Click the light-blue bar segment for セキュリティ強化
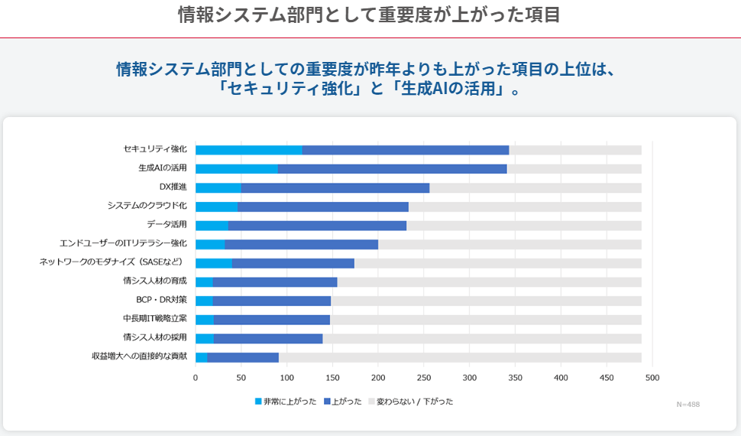click(248, 150)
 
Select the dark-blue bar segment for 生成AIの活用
click(392, 168)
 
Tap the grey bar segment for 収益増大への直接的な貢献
click(460, 357)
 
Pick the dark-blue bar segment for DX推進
click(335, 187)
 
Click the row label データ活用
click(167, 225)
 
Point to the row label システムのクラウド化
click(147, 206)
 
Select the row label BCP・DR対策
click(161, 300)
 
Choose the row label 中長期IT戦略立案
click(154, 319)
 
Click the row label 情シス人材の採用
click(154, 337)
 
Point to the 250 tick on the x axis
click(424, 378)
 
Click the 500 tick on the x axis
click(652, 378)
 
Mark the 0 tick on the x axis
click(196, 378)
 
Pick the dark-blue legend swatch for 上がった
click(327, 402)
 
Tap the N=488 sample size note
click(688, 404)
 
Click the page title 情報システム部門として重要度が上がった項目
click(369, 15)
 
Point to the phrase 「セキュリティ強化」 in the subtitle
click(290, 89)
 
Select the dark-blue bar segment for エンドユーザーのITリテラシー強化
click(301, 244)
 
